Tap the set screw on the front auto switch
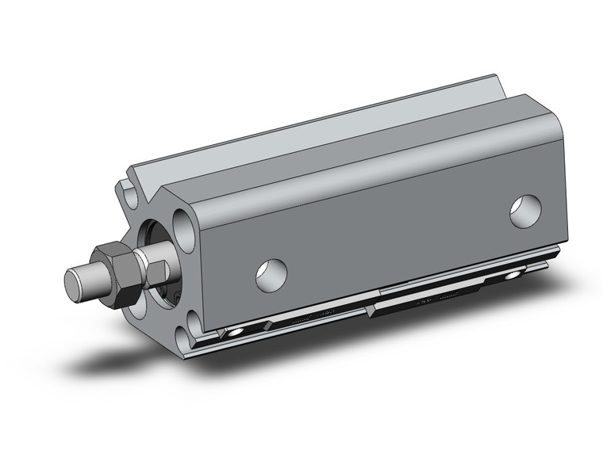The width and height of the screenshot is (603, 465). click(x=236, y=331)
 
